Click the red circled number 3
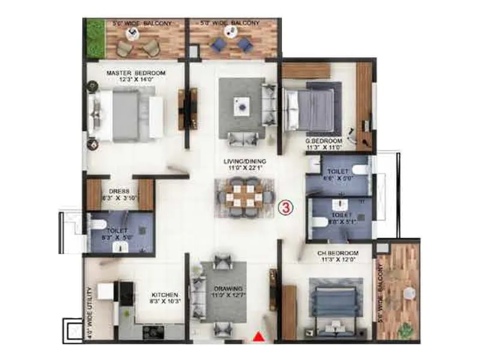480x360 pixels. pos(287,208)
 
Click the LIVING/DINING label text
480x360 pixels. pos(247,161)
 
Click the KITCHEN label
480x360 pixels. pos(165,295)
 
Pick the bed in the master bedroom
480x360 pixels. pos(126,113)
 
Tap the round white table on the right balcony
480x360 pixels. pos(410,293)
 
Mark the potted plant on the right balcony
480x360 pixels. pos(406,329)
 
